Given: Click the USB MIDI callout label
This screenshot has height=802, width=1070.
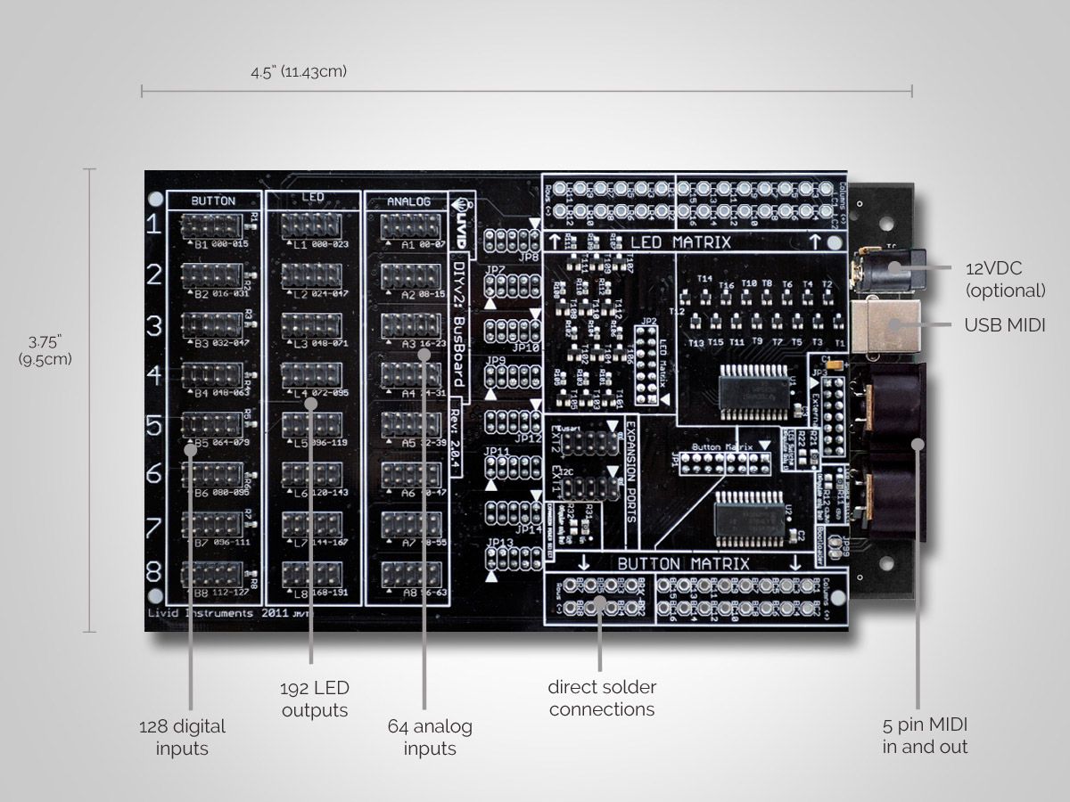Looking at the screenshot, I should (x=1004, y=326).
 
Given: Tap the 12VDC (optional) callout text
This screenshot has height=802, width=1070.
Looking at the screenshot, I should (x=1006, y=279).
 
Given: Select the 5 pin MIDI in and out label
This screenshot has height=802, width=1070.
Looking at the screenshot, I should (x=925, y=735).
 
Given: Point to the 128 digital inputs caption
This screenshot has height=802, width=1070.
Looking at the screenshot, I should (x=182, y=737).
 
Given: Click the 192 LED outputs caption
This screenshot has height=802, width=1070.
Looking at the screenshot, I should (x=315, y=699).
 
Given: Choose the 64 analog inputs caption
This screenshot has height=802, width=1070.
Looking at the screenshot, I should (x=430, y=737).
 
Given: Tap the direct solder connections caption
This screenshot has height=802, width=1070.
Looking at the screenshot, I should (x=602, y=698).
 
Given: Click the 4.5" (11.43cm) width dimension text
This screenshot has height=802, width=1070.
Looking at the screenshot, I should (x=299, y=72).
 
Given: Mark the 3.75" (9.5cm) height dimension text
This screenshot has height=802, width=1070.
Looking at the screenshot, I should (x=45, y=349).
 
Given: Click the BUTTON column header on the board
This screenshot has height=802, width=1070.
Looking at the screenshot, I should (x=213, y=201).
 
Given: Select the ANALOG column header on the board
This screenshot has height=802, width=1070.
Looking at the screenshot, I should (x=407, y=201).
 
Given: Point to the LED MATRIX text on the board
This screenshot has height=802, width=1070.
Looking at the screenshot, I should (x=680, y=241).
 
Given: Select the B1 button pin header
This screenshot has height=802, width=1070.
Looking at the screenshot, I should (x=212, y=226).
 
